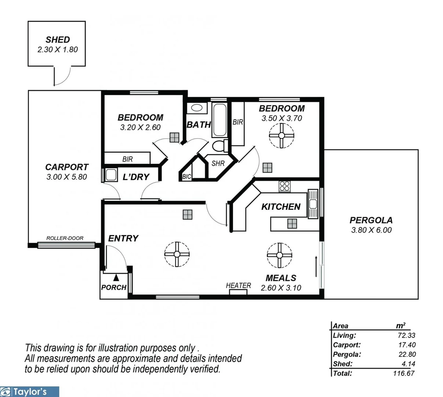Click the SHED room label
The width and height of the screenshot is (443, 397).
[x=58, y=40]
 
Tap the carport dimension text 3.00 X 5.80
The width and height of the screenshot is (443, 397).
[x=66, y=177]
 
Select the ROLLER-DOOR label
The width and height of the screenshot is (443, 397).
[x=65, y=238]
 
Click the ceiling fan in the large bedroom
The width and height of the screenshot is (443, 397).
[x=282, y=136]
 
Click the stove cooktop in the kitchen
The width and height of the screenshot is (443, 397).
[x=284, y=186]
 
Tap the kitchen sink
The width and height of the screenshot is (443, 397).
[x=313, y=204]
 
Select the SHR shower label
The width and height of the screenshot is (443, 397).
[x=218, y=163]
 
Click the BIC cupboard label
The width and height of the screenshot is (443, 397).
[x=186, y=177]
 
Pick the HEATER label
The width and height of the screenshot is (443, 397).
[x=239, y=286]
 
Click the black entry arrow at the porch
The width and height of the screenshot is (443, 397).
[x=116, y=278]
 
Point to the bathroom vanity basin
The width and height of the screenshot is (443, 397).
[x=197, y=108]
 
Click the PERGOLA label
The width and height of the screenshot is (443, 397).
[x=371, y=220]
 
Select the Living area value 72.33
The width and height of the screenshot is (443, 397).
[x=406, y=335]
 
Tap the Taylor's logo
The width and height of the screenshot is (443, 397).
[x=29, y=391]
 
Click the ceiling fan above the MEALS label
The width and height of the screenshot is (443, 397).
[x=279, y=255]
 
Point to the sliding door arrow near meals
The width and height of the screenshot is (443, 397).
[x=316, y=266]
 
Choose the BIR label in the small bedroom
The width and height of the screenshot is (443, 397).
[x=127, y=159]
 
